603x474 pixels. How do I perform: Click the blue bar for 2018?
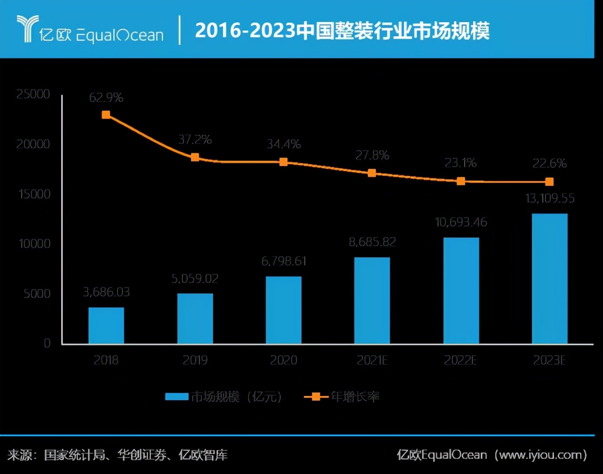tap(106, 325)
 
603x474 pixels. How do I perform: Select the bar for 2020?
tap(284, 310)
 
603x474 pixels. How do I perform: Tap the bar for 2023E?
tap(549, 278)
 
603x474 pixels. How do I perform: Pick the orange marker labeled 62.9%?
tap(106, 115)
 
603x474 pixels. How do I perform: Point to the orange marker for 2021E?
tap(372, 173)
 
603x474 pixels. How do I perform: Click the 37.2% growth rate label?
tap(195, 140)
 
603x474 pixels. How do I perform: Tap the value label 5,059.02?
tap(195, 278)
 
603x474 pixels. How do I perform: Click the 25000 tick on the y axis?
tap(33, 95)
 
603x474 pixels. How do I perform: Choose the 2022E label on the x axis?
tap(460, 361)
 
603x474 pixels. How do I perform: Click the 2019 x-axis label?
tap(195, 361)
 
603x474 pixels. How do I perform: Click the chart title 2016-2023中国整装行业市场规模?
tap(342, 31)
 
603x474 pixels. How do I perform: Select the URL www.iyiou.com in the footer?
tap(539, 455)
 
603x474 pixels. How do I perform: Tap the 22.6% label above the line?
tap(549, 164)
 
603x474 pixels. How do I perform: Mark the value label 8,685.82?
tap(372, 242)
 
